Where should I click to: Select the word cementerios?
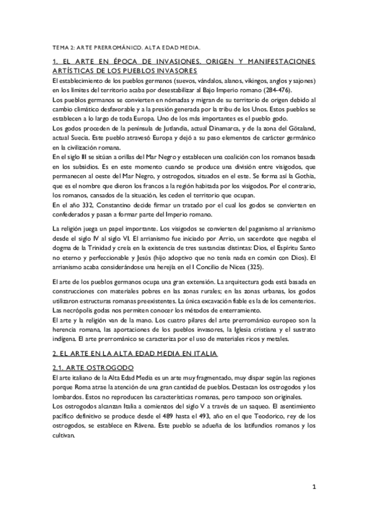(294, 302)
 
